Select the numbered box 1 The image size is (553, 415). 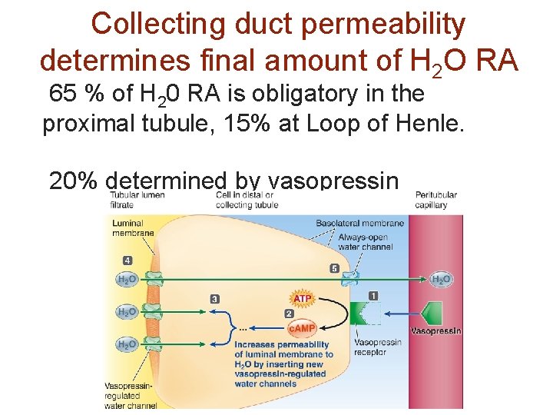point(373,295)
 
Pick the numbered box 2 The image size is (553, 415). point(289,314)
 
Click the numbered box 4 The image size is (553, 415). point(127,261)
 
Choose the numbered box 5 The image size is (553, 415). point(334,268)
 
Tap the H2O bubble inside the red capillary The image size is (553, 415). point(441,280)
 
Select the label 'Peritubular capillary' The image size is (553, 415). point(435,200)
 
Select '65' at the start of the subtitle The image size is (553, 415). point(61,94)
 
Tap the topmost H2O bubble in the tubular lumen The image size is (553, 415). point(127,281)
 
